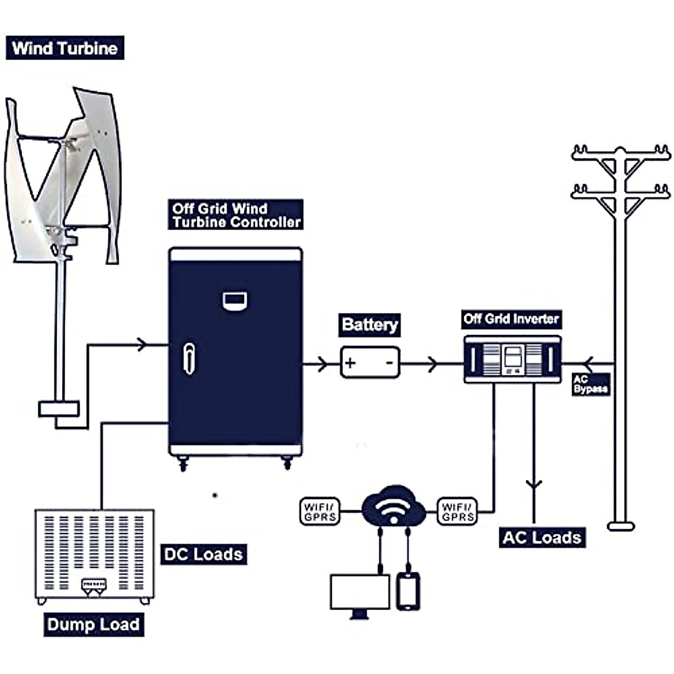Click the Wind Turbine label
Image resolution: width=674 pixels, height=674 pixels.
65,48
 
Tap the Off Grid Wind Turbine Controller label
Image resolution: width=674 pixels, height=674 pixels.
236,215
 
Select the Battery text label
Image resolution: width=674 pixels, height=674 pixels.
370,325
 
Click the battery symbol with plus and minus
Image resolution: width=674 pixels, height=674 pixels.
370,362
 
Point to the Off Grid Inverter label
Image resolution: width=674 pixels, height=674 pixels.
511,319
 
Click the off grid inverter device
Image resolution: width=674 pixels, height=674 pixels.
512,359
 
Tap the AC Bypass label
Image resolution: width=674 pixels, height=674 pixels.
590,385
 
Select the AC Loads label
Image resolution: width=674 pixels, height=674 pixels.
541,538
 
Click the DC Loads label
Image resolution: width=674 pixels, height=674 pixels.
203,554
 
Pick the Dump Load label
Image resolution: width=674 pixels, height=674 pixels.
93,625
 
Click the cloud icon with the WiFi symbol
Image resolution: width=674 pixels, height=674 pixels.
393,505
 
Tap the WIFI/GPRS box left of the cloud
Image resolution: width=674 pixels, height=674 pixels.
320,511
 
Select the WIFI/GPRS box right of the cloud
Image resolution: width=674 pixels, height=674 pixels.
458,511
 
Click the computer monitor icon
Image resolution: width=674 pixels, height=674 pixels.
360,594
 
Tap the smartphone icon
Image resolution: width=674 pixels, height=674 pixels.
408,591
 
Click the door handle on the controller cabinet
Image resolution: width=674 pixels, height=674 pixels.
189,358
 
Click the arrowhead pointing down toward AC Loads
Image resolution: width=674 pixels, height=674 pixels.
534,484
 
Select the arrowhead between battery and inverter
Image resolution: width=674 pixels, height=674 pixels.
432,364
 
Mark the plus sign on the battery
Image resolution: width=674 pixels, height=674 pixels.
350,362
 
